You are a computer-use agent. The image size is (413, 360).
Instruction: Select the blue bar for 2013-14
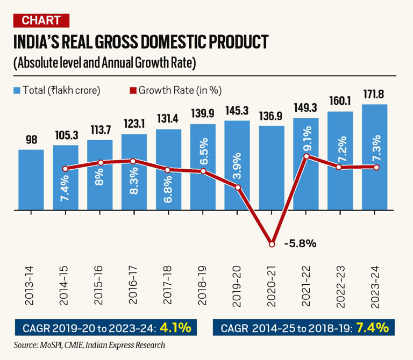tap(31, 180)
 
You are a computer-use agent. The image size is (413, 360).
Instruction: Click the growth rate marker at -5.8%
tap(272, 244)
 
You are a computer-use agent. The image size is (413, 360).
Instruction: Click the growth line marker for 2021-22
tap(306, 156)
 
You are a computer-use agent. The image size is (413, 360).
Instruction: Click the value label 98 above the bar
tap(31, 140)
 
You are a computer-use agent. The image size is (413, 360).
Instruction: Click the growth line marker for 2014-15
tap(65, 169)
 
